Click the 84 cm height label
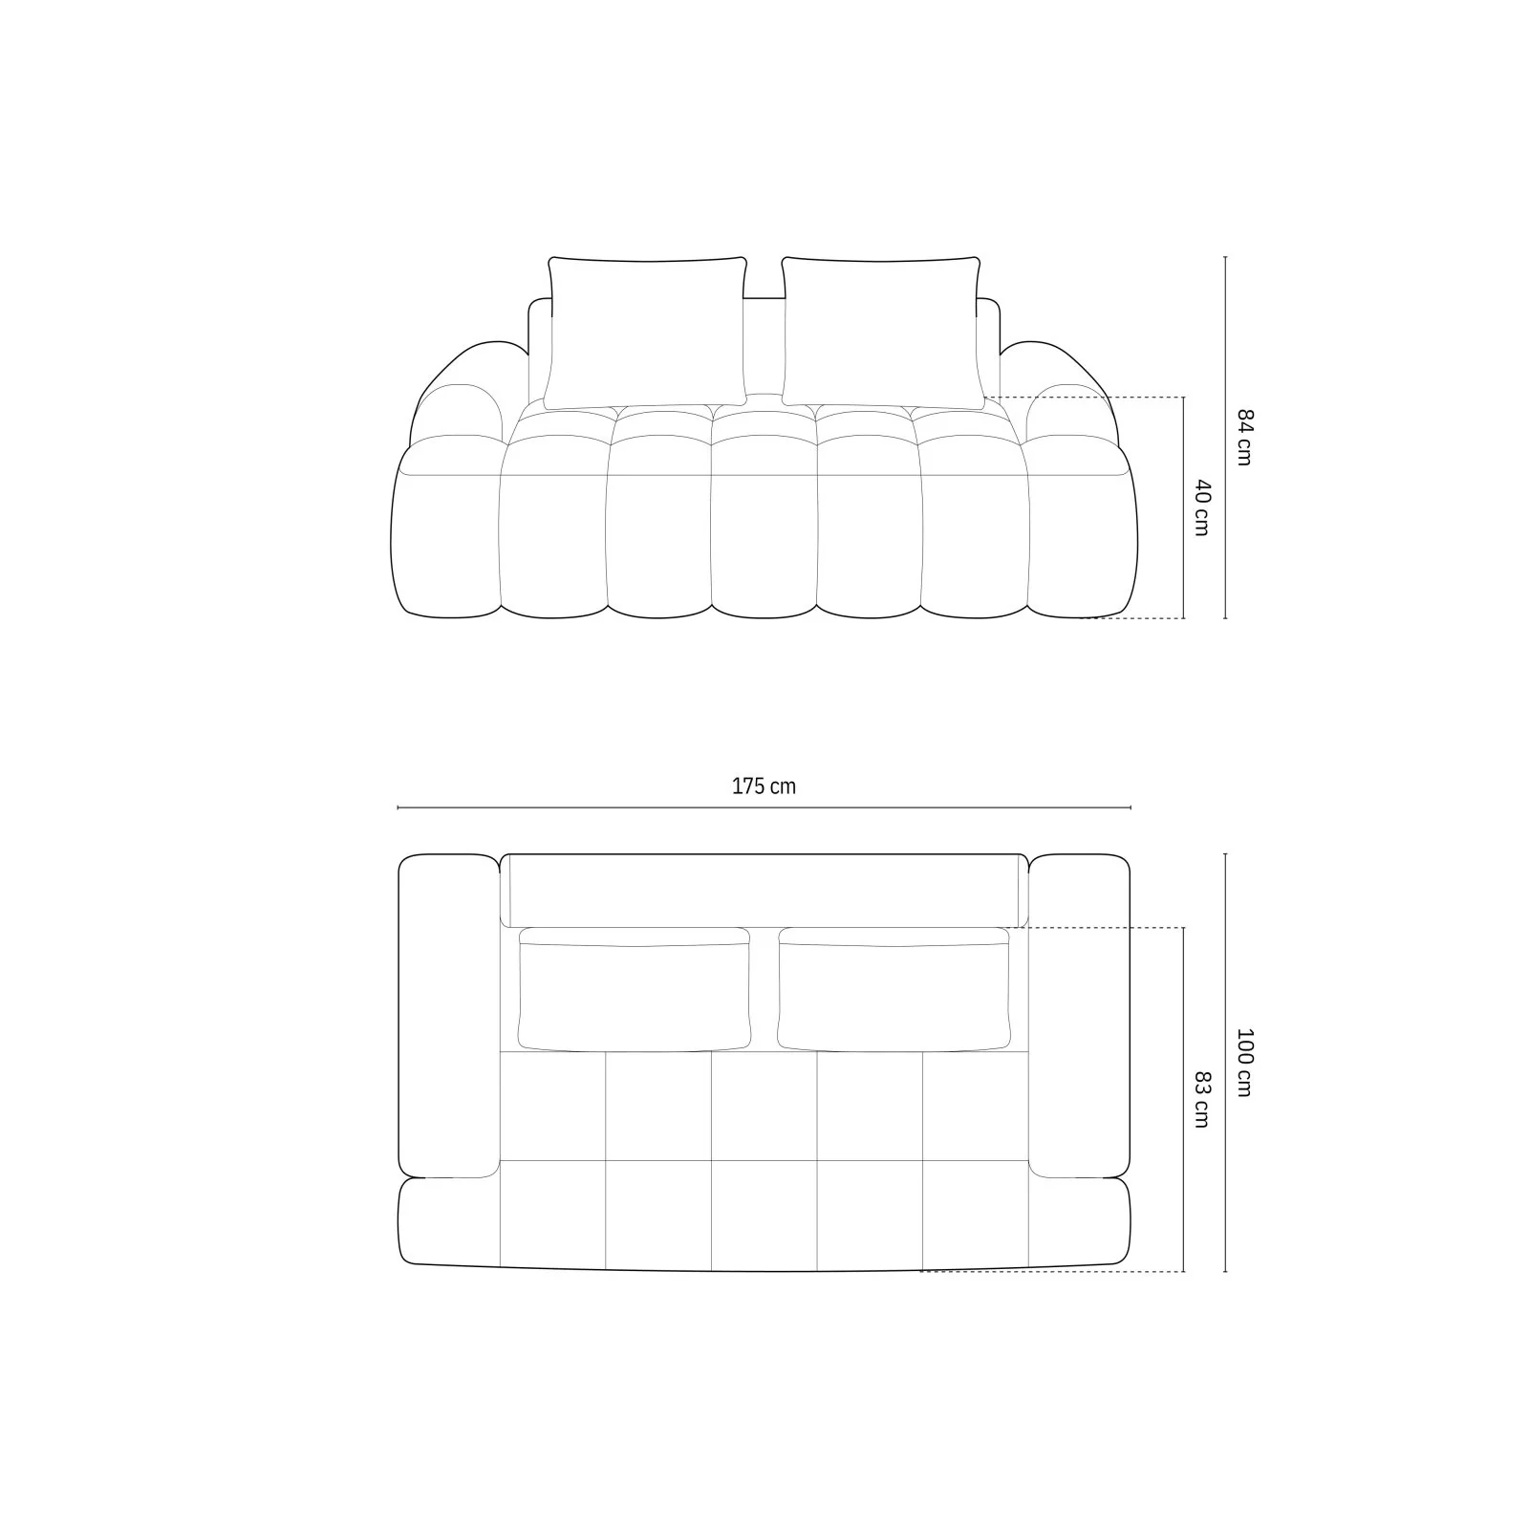coord(1243,437)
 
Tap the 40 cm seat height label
coord(1201,507)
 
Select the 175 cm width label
coord(764,786)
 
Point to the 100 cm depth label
coord(1243,1062)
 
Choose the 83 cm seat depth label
coord(1201,1100)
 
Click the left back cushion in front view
coord(646,333)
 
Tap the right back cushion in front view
coord(881,333)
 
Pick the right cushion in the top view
coord(894,988)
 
